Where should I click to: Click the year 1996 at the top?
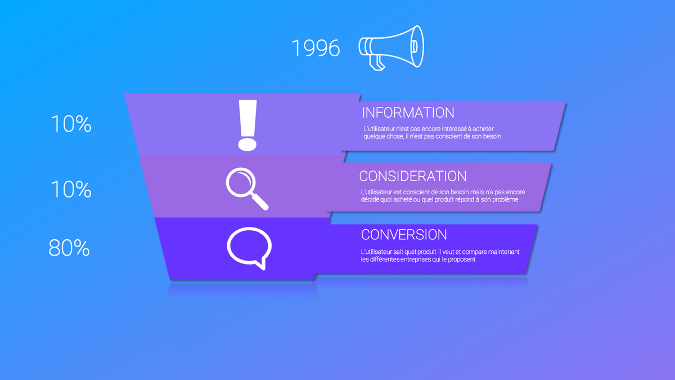point(316,48)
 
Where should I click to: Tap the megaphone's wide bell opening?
point(417,46)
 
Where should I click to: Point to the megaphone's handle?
point(377,62)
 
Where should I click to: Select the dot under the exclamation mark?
point(247,145)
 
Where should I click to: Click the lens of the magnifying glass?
point(240,182)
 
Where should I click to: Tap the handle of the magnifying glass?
point(259,201)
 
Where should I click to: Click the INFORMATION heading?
point(408,113)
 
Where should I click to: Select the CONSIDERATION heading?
point(413,176)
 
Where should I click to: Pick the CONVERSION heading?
point(404,235)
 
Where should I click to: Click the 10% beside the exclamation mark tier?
point(71,124)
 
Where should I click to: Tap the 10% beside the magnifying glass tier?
point(71,190)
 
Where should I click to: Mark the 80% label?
point(69,248)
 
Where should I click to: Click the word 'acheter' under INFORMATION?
point(483,129)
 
